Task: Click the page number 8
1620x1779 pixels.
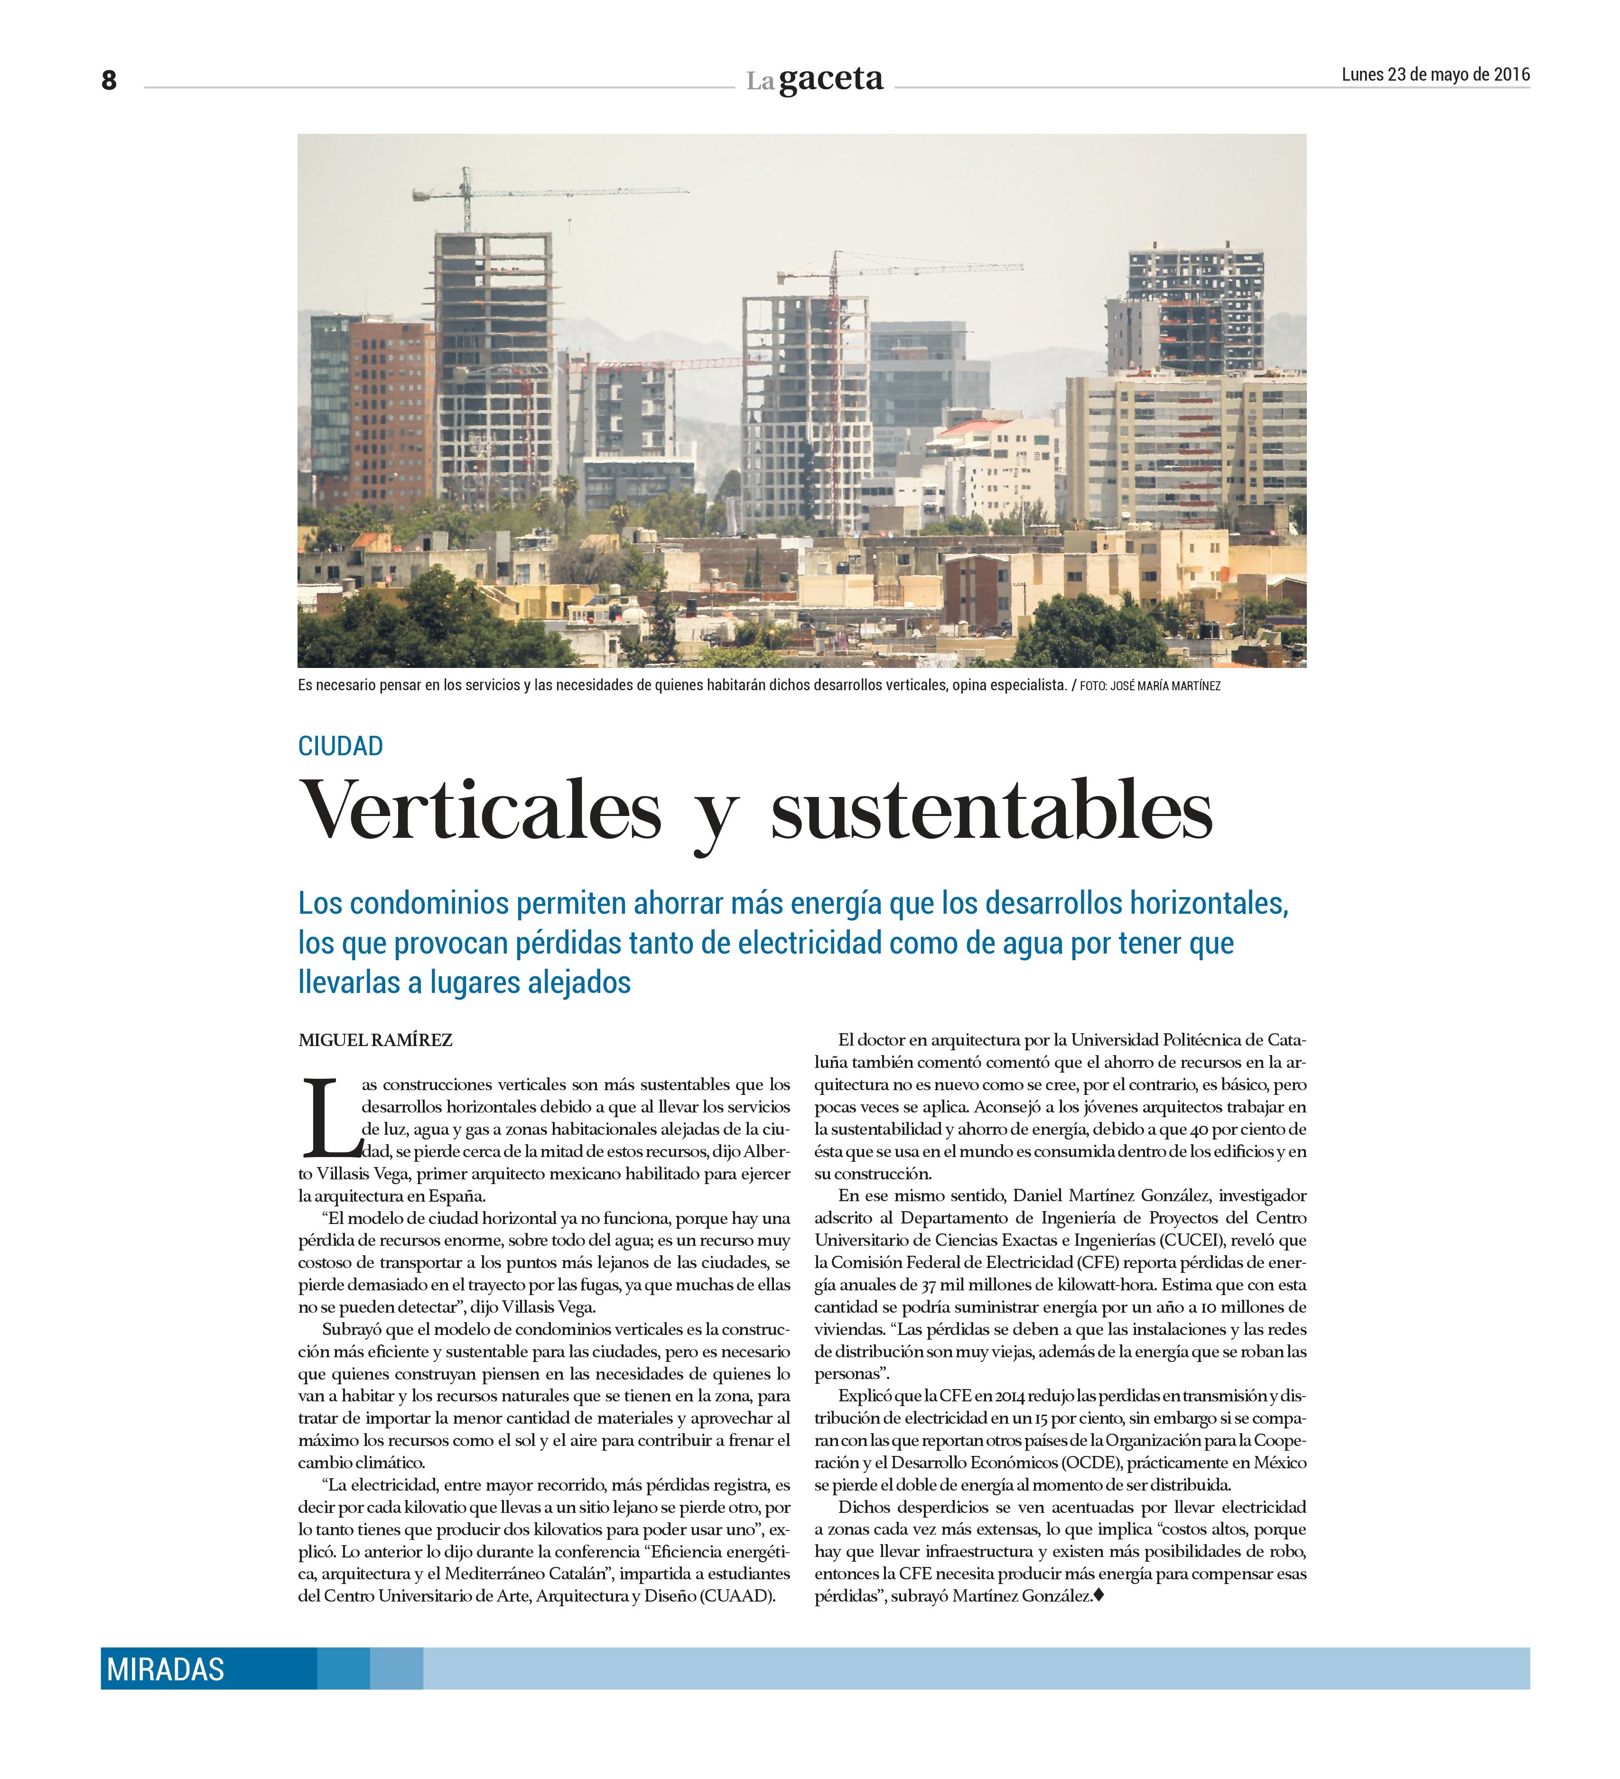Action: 109,80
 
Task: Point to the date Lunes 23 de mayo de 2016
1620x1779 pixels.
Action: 1434,75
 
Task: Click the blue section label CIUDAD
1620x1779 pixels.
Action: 340,747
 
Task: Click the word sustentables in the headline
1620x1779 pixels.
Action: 991,810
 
